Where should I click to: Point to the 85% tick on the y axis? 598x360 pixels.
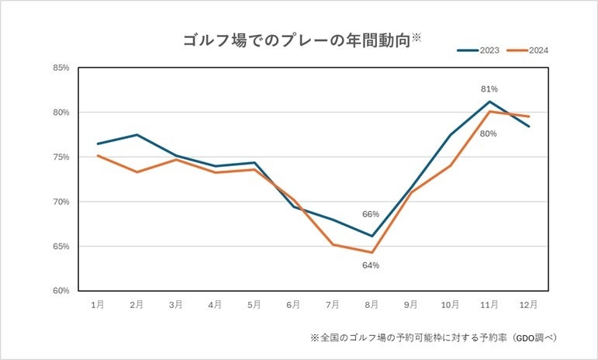(60, 68)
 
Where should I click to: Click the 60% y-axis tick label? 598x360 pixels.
(60, 291)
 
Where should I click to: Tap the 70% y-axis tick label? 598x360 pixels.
(60, 202)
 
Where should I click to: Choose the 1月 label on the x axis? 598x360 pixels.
(97, 305)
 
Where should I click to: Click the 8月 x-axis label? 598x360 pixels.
(372, 305)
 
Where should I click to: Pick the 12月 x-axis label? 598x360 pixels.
(529, 305)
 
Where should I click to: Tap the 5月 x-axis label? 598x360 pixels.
(254, 305)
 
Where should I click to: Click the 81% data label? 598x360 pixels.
(488, 88)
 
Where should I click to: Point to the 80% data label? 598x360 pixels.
(488, 133)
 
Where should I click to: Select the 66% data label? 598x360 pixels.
(370, 214)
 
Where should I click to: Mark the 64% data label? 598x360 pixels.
(370, 265)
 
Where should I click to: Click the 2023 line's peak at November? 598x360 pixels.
(489, 102)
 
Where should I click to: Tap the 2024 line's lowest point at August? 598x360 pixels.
(372, 252)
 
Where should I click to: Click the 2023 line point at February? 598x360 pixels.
(137, 135)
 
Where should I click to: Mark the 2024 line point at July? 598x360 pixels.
(333, 244)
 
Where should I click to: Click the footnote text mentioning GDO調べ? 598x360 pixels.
(434, 337)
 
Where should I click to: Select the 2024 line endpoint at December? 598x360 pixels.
(529, 116)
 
